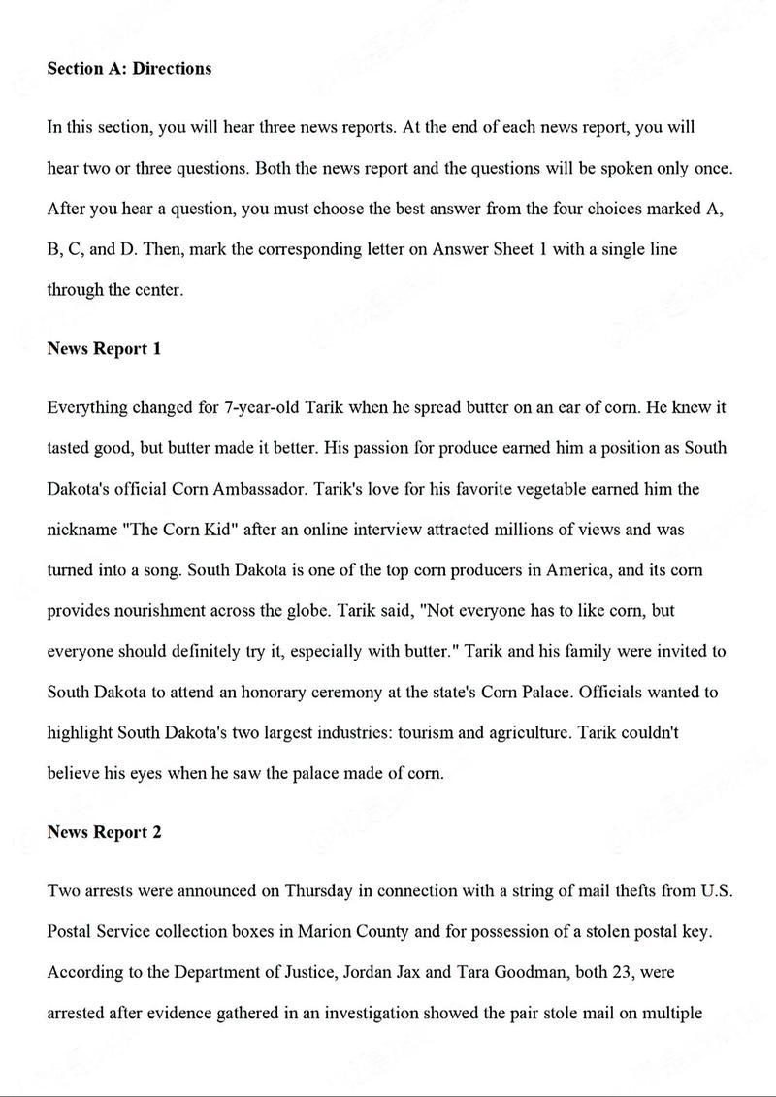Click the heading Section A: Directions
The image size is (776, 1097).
(129, 69)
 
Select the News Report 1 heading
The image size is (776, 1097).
(104, 349)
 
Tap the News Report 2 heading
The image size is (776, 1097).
(104, 832)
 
